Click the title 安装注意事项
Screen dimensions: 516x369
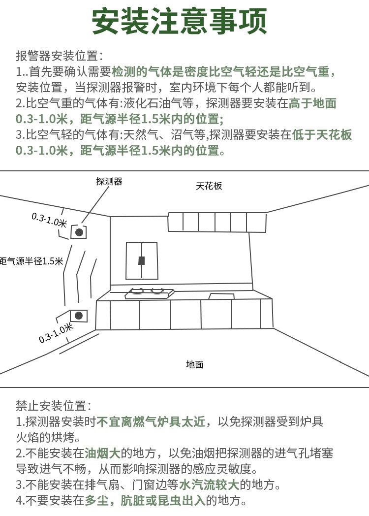(180, 21)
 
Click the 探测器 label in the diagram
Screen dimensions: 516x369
(109, 182)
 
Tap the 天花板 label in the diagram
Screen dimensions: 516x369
(209, 186)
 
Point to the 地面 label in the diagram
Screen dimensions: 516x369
(194, 365)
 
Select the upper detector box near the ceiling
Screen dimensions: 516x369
(79, 231)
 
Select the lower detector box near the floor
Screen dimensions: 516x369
(79, 316)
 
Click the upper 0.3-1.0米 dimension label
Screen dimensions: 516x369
(49, 220)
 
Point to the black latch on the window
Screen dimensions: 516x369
(142, 260)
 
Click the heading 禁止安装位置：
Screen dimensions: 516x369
(53, 406)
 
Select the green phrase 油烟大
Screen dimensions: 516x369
(102, 453)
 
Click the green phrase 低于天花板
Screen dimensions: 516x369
(323, 135)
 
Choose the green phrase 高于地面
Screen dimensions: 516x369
(313, 103)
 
